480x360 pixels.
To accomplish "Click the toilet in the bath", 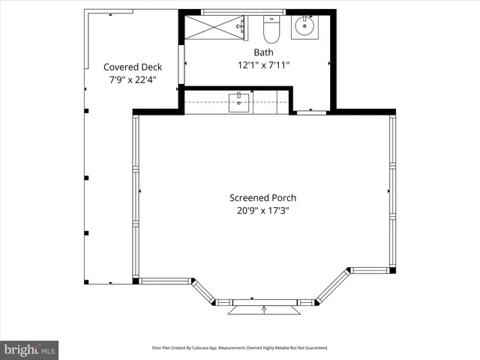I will [271, 30].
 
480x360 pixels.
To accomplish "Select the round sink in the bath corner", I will [305, 28].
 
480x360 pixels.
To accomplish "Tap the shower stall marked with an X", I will [215, 28].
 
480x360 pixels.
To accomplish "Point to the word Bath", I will [263, 52].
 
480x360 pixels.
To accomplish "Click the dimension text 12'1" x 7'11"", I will [263, 65].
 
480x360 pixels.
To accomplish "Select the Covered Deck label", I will [132, 67].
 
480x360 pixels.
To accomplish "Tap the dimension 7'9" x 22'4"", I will [132, 79].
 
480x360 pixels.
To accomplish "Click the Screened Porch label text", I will [262, 198].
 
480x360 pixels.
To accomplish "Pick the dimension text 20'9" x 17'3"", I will [262, 211].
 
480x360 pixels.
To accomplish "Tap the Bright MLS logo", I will [29, 349].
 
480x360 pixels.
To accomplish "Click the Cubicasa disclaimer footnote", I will [240, 348].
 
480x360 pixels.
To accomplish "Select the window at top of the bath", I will [244, 11].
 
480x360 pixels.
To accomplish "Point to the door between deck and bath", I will [181, 65].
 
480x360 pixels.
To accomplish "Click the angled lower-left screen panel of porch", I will [203, 292].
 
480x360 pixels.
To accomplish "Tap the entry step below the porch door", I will [263, 310].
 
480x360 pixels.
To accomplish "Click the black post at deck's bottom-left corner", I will [86, 282].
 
